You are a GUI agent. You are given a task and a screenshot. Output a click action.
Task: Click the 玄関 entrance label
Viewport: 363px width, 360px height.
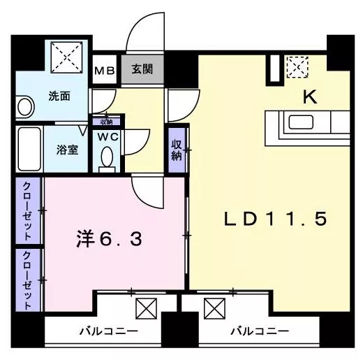point(142,69)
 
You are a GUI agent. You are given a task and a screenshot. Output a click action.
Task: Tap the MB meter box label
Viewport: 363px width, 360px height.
point(105,71)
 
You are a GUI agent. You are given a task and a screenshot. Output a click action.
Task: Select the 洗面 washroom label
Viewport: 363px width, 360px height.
point(59,96)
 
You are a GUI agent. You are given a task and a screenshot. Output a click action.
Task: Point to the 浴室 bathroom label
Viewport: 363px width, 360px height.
point(67,150)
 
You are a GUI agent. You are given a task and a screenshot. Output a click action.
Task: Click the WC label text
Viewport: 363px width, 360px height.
point(108,137)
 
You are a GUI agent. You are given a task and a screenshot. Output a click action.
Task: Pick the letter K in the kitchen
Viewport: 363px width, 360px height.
point(310,97)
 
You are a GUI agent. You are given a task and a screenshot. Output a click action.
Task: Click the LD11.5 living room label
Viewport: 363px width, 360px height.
point(276,219)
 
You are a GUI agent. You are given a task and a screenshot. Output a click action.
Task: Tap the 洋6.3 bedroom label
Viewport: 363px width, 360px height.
point(109,239)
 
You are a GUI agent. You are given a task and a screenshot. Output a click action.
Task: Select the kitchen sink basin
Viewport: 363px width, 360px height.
point(301,122)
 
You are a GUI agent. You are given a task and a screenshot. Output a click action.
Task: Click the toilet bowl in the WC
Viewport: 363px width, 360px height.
point(107,157)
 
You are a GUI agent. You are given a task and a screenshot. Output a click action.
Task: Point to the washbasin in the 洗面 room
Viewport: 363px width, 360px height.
point(25,107)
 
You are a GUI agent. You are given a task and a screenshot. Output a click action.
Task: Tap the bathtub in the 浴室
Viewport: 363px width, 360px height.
point(29,149)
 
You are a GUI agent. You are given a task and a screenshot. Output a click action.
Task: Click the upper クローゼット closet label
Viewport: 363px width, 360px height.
point(27,211)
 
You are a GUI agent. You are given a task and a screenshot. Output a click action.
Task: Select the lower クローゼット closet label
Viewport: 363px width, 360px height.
point(27,280)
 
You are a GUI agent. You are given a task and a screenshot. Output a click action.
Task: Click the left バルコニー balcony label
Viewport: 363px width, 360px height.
point(109,331)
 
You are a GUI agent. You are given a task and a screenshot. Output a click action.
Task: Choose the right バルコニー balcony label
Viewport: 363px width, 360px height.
point(260,331)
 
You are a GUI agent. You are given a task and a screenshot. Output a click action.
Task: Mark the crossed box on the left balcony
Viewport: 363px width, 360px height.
point(146,308)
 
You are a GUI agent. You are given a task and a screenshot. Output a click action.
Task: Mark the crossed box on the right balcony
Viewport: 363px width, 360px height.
point(214,308)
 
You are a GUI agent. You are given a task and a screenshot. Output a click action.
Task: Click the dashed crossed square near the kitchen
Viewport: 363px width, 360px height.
point(297,67)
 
